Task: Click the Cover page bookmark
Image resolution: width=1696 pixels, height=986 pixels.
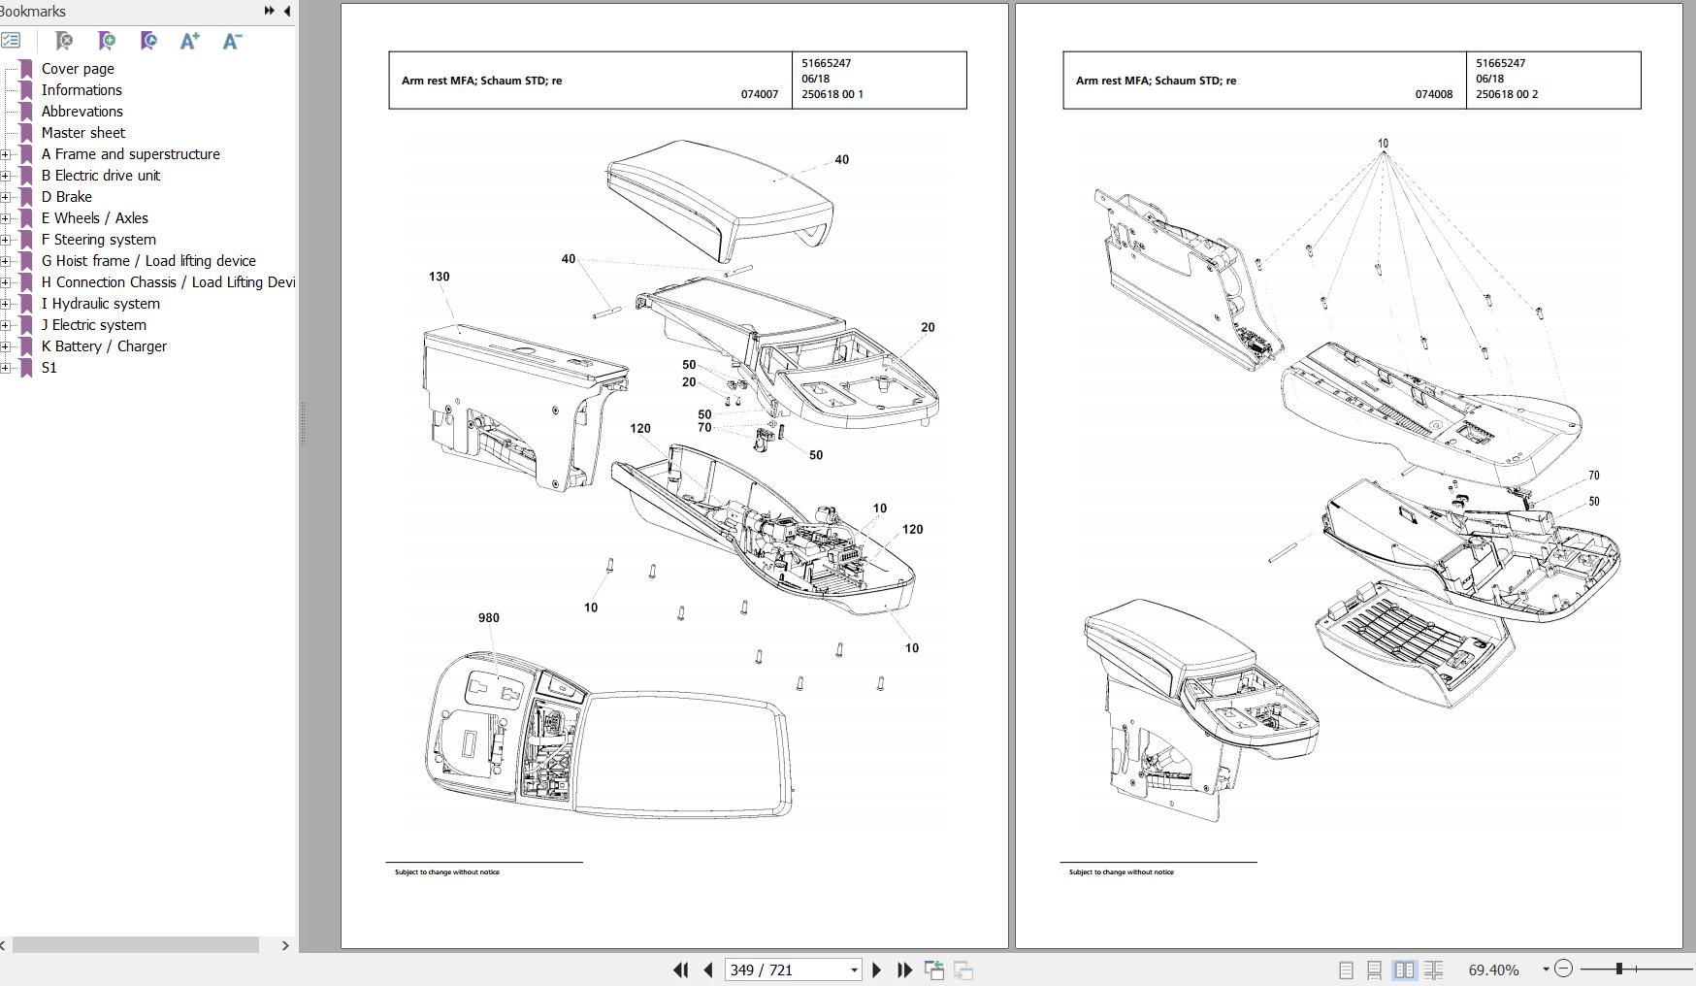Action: [78, 69]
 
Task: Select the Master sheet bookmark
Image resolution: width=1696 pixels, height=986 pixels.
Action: [82, 133]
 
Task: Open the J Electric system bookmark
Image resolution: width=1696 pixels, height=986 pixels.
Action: [93, 325]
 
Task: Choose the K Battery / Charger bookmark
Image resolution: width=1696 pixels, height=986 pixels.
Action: [104, 346]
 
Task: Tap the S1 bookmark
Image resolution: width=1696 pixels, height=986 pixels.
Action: [49, 368]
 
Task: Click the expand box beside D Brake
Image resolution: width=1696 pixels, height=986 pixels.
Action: [6, 197]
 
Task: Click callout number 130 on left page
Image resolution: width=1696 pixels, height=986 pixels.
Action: [439, 277]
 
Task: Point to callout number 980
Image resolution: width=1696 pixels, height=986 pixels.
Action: [488, 617]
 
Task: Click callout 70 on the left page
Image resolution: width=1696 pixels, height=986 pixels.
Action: [704, 428]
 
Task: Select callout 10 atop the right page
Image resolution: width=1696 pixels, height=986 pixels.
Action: [1383, 144]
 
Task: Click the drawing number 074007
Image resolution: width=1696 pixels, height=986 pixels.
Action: [759, 94]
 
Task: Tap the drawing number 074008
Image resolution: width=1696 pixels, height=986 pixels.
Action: [1433, 94]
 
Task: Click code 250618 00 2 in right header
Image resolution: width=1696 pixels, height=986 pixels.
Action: [1507, 94]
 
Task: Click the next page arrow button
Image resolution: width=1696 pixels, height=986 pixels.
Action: [877, 970]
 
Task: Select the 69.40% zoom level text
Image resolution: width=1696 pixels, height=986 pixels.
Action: [1493, 970]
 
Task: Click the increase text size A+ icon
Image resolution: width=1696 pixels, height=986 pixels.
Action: [190, 41]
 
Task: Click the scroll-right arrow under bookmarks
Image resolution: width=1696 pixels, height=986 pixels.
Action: [285, 945]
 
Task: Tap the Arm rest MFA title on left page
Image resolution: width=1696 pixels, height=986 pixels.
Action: [481, 81]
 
